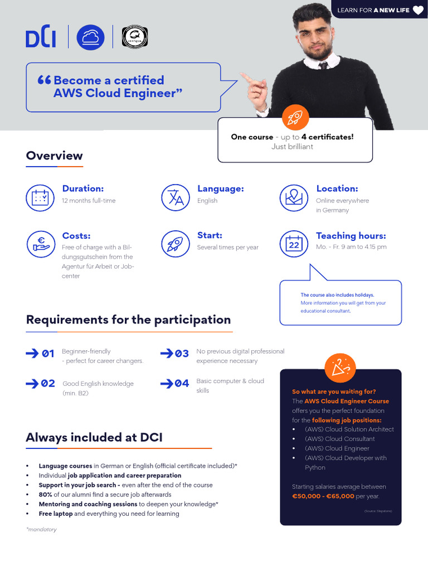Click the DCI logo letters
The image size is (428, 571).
(41, 37)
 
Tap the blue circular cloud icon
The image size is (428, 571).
(90, 37)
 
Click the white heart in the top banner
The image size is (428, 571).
(418, 10)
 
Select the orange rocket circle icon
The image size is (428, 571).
(294, 117)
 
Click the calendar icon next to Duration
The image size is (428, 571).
(40, 197)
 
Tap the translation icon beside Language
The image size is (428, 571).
(175, 197)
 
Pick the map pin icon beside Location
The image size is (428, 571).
(294, 197)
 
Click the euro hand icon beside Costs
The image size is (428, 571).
(40, 244)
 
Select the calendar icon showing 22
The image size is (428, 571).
(294, 244)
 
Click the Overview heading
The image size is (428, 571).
(54, 156)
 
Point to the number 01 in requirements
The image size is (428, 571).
(48, 354)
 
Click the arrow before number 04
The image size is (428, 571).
(167, 383)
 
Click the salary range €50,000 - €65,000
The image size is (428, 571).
(323, 496)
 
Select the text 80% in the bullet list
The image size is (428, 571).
(45, 495)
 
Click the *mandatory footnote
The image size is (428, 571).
(41, 529)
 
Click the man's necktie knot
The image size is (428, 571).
(323, 65)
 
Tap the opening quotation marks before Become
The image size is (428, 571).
(44, 80)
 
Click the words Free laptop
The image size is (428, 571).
(56, 514)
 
